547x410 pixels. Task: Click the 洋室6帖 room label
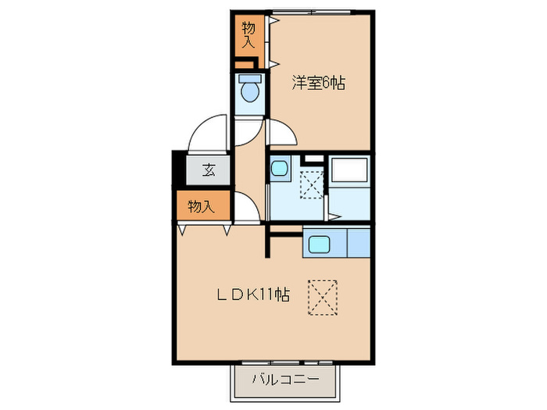(x=319, y=81)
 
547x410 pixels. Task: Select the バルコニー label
(x=285, y=380)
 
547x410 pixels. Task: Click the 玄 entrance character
(x=209, y=169)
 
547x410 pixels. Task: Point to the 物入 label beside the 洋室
(x=248, y=34)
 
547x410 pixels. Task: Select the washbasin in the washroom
(x=280, y=169)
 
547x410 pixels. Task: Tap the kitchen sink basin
(x=320, y=244)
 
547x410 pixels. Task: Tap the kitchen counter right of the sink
(x=357, y=244)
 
